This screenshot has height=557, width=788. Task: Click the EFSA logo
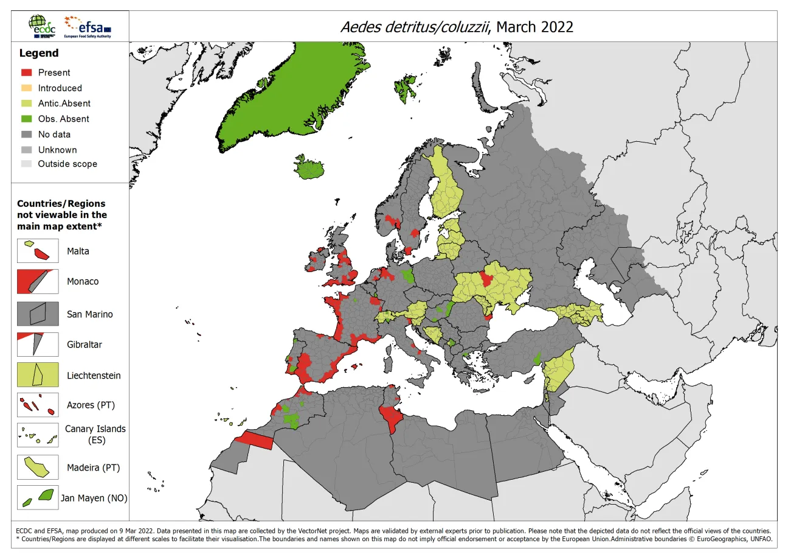point(88,26)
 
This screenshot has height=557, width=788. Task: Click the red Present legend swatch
point(27,72)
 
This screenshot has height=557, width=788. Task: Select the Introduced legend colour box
point(27,88)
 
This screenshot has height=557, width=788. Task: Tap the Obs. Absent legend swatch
point(27,119)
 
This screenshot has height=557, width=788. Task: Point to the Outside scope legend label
point(67,164)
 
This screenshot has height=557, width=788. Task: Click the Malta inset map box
point(38,251)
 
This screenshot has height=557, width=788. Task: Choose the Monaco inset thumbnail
point(38,281)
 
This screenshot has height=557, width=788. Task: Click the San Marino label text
point(89,314)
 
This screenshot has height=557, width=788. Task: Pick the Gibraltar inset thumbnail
point(38,344)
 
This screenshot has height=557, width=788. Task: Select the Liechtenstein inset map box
point(38,375)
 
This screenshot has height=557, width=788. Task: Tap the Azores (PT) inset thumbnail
point(38,405)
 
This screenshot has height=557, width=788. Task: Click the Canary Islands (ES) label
point(95,434)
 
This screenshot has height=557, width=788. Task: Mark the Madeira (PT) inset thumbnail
point(38,468)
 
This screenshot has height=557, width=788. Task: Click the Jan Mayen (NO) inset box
point(38,497)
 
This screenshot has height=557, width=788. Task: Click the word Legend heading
point(39,54)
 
